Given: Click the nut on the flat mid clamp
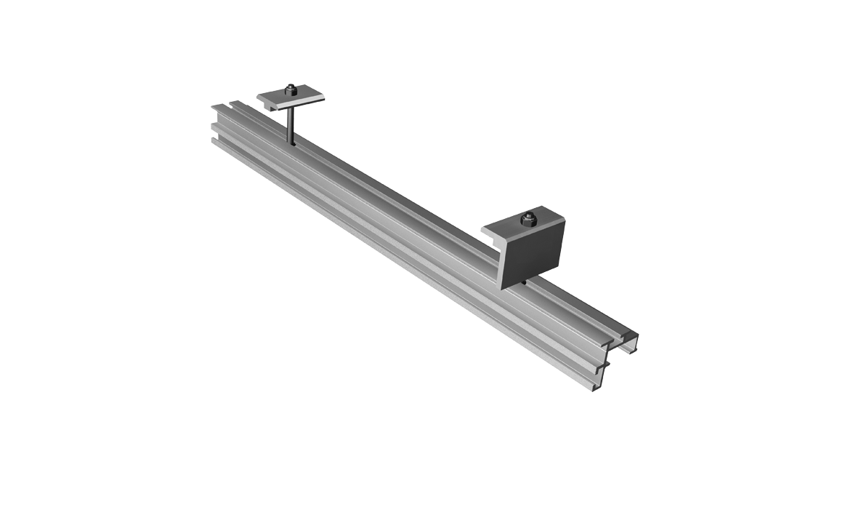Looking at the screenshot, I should point(291,89).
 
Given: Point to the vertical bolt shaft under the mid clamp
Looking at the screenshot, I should point(290,125).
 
